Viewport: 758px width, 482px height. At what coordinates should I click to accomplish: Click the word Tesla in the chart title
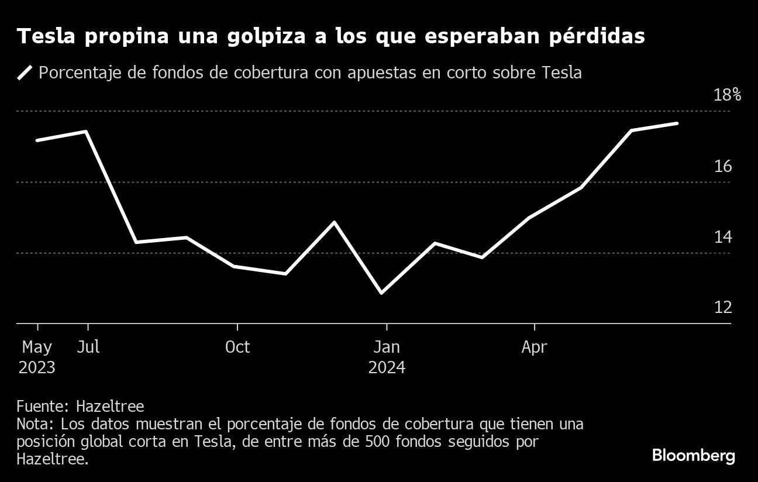48,37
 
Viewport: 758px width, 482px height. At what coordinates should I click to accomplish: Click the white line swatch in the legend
25,73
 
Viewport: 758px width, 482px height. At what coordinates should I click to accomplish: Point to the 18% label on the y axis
727,95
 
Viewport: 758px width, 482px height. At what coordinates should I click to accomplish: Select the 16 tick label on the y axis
723,167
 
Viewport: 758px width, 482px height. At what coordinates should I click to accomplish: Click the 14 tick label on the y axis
723,237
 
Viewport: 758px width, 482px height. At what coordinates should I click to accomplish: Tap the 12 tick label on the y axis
723,308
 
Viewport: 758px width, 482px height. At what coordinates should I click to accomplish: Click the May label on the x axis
37,347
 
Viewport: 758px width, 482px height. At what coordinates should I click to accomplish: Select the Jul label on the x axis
88,347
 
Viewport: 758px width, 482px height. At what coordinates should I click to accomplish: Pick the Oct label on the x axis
237,347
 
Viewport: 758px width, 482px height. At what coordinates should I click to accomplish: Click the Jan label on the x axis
387,347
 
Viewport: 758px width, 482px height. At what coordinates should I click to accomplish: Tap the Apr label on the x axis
535,347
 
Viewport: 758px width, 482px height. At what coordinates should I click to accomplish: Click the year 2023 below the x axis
37,368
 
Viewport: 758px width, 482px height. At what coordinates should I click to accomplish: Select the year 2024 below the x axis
387,368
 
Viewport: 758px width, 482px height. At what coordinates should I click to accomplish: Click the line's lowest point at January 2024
382,292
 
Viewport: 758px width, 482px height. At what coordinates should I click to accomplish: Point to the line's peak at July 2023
87,132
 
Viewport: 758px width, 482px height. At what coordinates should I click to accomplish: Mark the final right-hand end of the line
677,123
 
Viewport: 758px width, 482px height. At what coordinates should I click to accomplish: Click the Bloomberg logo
693,456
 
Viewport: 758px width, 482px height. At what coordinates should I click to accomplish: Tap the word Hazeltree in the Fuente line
110,406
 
